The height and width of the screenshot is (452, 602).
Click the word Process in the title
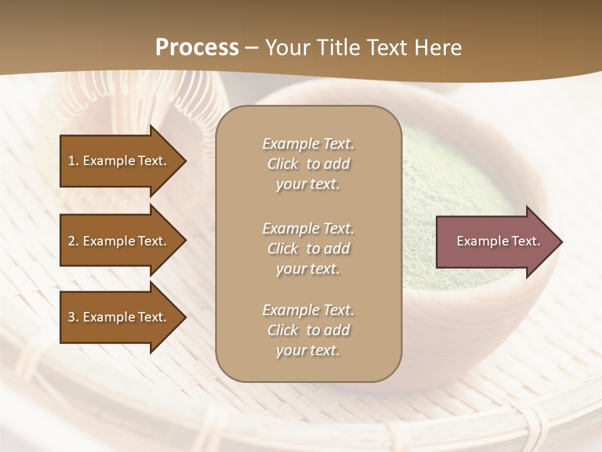tap(197, 48)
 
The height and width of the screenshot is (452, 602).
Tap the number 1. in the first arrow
tap(73, 161)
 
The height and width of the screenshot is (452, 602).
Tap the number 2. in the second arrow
tap(73, 241)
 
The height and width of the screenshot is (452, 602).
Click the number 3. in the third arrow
tap(73, 317)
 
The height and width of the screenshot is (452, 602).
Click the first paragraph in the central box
tap(308, 164)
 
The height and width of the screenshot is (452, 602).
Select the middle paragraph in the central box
tap(308, 249)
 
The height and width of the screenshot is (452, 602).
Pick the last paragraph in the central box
tap(308, 330)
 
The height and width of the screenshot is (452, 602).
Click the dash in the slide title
tap(251, 48)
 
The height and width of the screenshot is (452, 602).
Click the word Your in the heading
tap(285, 48)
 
